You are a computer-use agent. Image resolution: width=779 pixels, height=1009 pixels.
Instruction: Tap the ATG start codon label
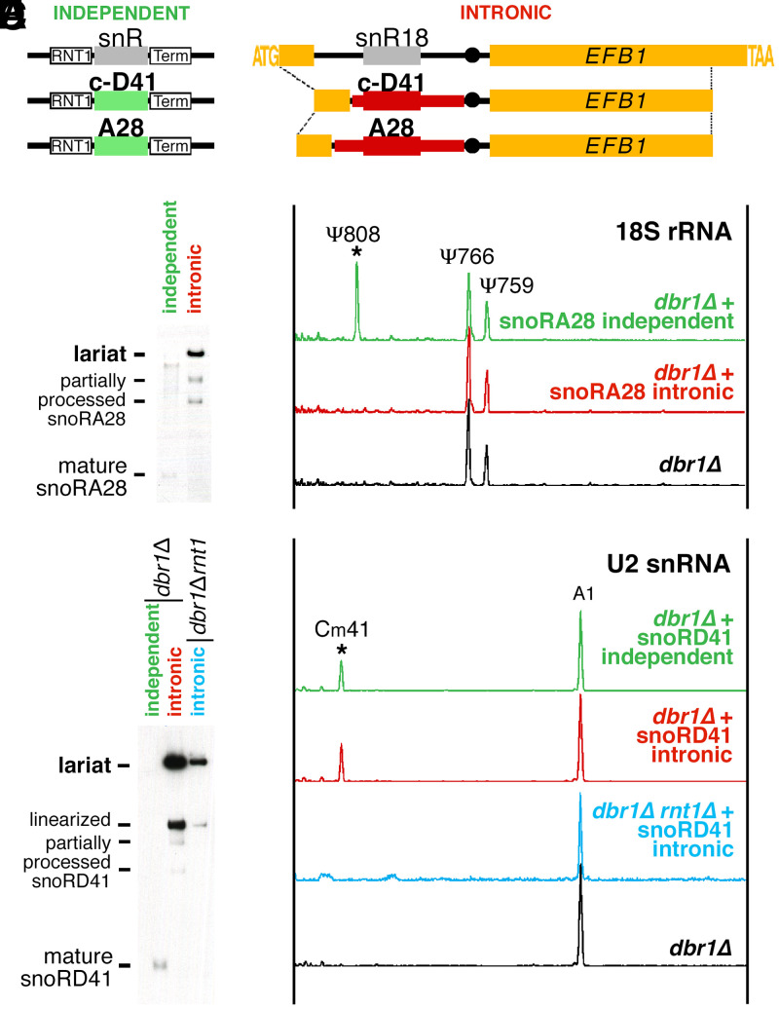[266, 56]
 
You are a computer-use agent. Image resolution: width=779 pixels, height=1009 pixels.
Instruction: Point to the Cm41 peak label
[341, 629]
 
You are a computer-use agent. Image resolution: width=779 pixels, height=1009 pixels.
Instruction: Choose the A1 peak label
[580, 595]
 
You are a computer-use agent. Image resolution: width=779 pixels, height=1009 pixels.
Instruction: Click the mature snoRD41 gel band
[162, 964]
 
